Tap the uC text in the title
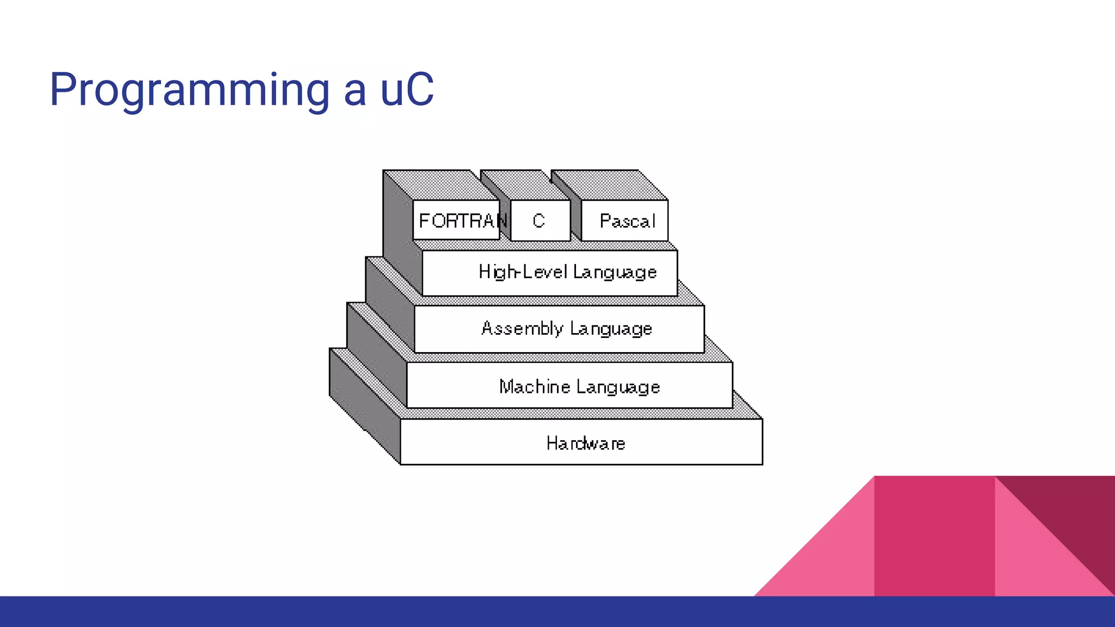coord(406,90)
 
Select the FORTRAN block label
coord(461,220)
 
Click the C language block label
coord(538,220)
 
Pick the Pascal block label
coord(627,220)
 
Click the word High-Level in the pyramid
coord(522,272)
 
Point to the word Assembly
coord(522,328)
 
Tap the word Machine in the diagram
coord(534,386)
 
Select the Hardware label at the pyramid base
coord(585,443)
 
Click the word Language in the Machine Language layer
coord(618,387)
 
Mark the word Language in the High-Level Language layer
coord(615,272)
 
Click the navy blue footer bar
coord(557,612)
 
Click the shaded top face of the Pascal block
coord(610,186)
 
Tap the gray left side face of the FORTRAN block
coord(397,223)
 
